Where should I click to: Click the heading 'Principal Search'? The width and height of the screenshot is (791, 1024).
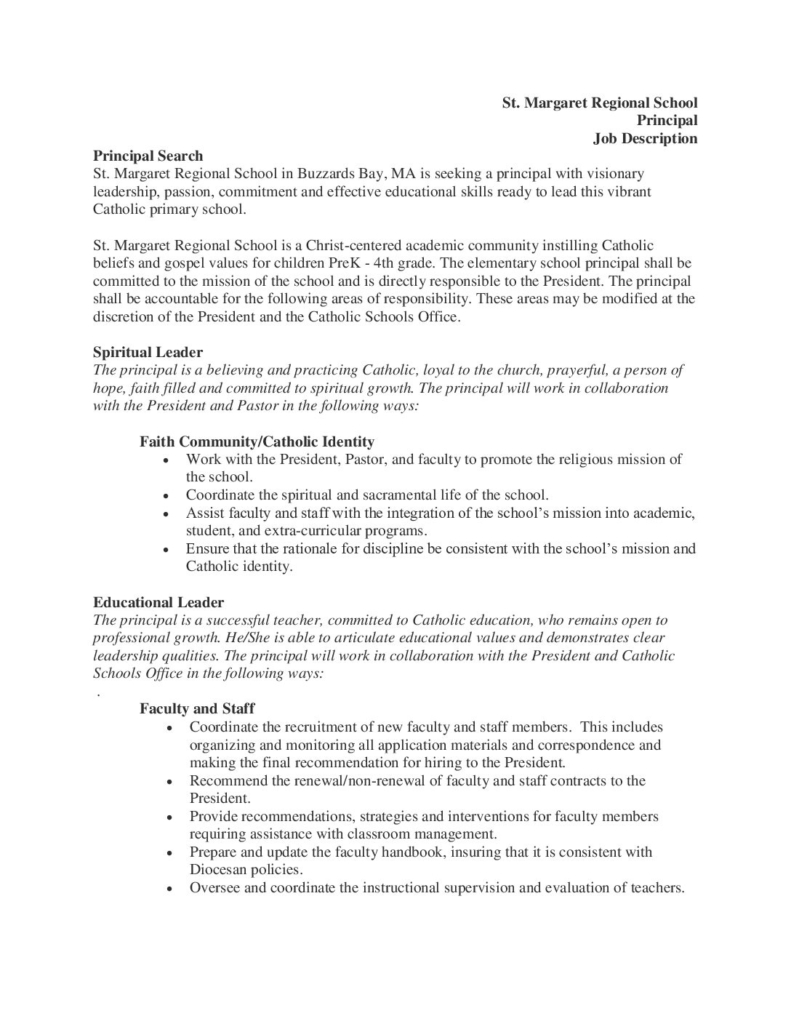[x=147, y=156]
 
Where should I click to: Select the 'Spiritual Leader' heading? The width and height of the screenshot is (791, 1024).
[x=147, y=353]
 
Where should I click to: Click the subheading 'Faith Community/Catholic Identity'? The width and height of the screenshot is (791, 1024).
[x=257, y=441]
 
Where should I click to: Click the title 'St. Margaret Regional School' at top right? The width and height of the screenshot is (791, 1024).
[x=599, y=102]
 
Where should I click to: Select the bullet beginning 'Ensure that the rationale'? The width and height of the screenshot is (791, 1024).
[x=440, y=548]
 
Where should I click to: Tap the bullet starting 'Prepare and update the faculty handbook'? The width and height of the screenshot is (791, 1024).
[x=420, y=852]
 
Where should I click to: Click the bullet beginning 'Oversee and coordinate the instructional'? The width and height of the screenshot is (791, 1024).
[x=436, y=888]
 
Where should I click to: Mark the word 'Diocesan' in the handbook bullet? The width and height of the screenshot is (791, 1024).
[x=217, y=870]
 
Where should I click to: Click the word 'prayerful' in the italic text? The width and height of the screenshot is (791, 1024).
[x=560, y=370]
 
